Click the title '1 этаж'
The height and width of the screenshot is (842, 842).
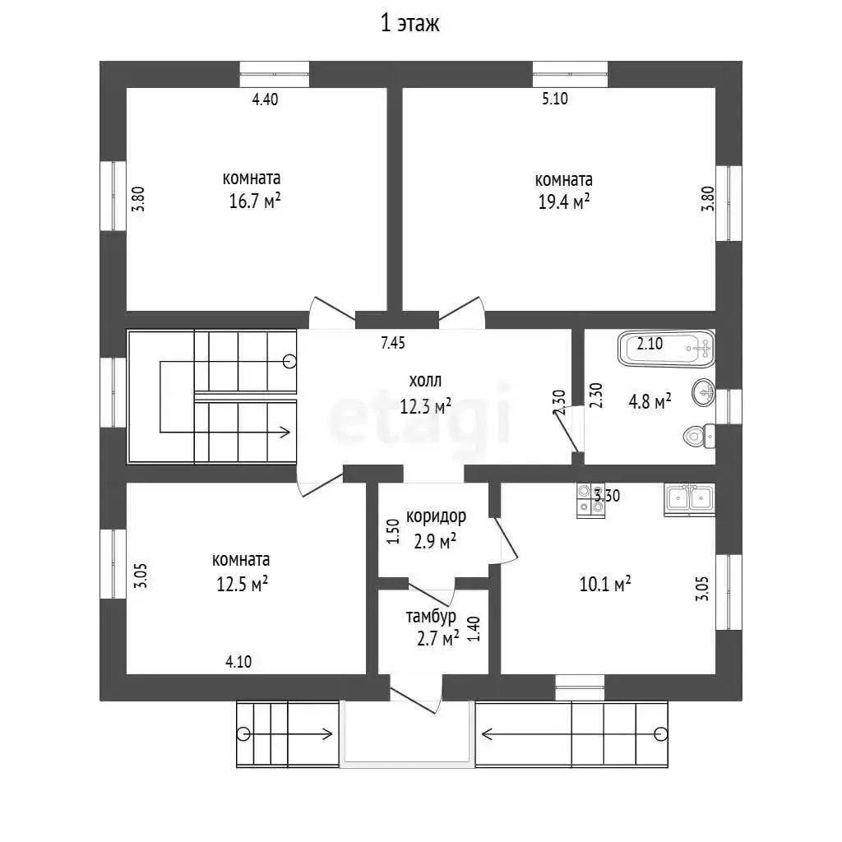[409, 23]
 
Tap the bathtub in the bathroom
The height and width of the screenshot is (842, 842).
[666, 349]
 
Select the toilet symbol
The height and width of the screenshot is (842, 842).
[699, 436]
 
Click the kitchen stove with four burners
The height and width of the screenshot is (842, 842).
[590, 501]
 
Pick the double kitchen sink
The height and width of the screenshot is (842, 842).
[690, 499]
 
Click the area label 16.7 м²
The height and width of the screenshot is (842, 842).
[255, 201]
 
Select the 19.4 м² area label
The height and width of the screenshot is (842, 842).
[564, 202]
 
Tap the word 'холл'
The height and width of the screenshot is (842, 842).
[425, 381]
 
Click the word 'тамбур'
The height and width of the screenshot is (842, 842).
[431, 617]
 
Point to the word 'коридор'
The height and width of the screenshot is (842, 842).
[436, 516]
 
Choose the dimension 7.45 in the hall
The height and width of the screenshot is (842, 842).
[393, 343]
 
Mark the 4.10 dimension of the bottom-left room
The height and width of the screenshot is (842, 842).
[238, 662]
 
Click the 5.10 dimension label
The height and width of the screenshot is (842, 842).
[555, 99]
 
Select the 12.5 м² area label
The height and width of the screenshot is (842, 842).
[243, 584]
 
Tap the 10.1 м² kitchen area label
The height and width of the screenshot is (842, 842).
[604, 584]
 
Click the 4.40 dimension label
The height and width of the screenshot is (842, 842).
[266, 99]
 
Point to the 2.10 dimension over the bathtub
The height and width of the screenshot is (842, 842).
[650, 344]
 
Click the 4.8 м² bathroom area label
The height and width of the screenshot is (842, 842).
[650, 401]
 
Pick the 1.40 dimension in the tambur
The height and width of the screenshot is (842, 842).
[474, 629]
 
